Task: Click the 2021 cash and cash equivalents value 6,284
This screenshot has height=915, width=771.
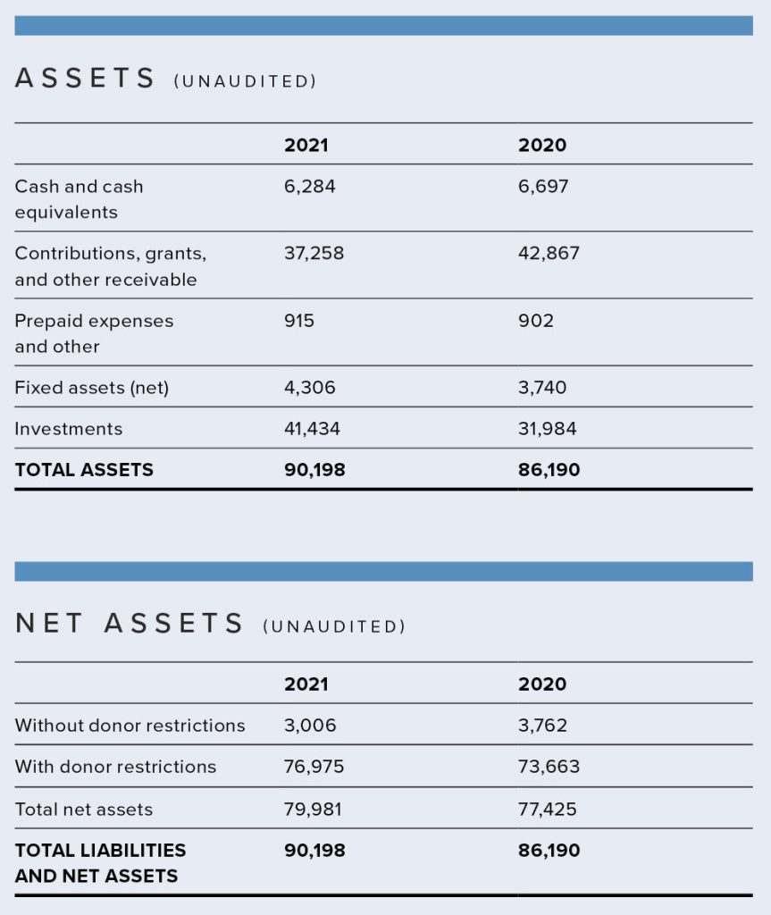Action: [309, 186]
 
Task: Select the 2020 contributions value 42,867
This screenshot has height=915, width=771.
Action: [549, 253]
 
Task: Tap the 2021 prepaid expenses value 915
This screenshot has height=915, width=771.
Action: [298, 321]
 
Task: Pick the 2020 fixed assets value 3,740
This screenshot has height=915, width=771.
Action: [542, 388]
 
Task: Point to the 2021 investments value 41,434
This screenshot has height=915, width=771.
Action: [312, 429]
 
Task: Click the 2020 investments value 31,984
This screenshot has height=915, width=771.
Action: [547, 429]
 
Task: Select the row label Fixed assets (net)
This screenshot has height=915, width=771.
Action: [92, 388]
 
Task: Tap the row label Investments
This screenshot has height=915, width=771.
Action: [69, 429]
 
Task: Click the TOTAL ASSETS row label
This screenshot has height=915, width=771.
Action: [84, 470]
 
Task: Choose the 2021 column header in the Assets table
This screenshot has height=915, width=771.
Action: [306, 145]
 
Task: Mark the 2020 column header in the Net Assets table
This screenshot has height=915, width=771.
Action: [542, 684]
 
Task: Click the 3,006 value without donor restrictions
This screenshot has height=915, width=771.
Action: [310, 726]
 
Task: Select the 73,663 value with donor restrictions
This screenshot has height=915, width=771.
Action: [549, 766]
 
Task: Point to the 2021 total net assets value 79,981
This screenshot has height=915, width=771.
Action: [313, 810]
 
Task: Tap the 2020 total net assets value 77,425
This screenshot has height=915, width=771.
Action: [547, 810]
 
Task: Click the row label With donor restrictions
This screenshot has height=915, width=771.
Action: [115, 766]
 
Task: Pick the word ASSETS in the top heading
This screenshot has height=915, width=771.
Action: [85, 79]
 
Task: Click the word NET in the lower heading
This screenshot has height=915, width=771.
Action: [48, 623]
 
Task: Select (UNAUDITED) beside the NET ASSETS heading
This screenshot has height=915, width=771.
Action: [334, 626]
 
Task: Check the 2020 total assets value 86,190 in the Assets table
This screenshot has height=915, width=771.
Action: [549, 470]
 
